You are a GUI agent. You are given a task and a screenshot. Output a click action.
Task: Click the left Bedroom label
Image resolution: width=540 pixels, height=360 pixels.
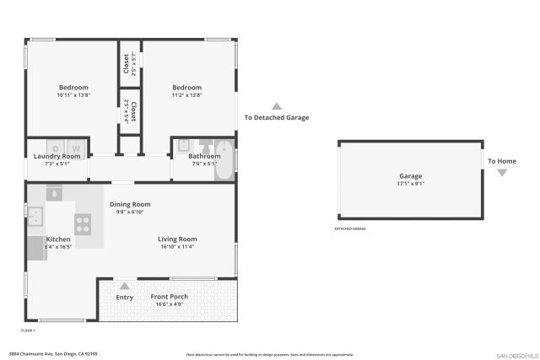click(x=73, y=88)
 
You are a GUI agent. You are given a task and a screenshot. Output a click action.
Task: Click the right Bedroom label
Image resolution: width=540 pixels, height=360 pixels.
click(x=187, y=88)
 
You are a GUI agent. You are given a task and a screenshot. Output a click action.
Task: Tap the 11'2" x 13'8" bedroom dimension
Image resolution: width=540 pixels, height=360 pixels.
click(x=187, y=95)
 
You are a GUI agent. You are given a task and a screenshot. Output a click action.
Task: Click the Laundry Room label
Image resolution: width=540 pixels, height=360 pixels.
click(x=57, y=156)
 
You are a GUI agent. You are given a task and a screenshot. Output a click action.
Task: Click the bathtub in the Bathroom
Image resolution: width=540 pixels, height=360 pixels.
click(x=224, y=160)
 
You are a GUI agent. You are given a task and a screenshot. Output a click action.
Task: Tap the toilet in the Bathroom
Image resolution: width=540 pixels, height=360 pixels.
click(x=204, y=147)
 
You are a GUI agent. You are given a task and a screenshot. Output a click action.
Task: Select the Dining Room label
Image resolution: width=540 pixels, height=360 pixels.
click(x=130, y=204)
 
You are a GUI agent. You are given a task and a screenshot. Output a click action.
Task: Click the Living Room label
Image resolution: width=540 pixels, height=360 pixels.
click(x=177, y=239)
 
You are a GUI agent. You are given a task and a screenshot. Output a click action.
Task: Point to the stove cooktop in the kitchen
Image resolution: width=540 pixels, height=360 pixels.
click(x=84, y=223)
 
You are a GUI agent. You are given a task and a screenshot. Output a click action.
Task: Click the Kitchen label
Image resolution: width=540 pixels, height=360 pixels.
click(x=58, y=239)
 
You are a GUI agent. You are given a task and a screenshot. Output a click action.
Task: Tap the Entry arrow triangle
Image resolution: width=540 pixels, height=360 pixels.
click(x=125, y=286)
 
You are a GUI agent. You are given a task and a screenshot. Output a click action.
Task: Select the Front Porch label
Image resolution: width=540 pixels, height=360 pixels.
click(x=170, y=297)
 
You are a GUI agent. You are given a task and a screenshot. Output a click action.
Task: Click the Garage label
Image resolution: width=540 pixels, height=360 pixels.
click(x=411, y=176)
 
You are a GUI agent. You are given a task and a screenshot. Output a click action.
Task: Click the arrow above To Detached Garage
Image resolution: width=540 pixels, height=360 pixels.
click(x=277, y=105)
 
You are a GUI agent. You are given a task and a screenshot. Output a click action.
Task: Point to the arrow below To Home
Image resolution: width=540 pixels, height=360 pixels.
click(x=502, y=173)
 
